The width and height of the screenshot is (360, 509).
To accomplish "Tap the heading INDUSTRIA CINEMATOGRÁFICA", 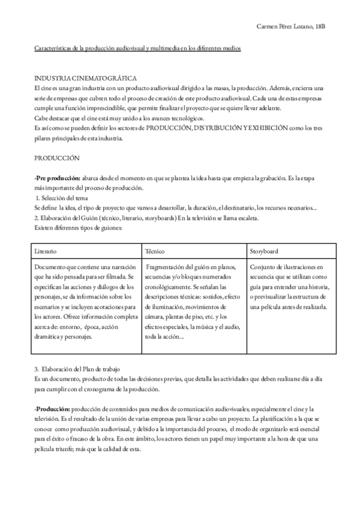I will pyautogui.click(x=86, y=79).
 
